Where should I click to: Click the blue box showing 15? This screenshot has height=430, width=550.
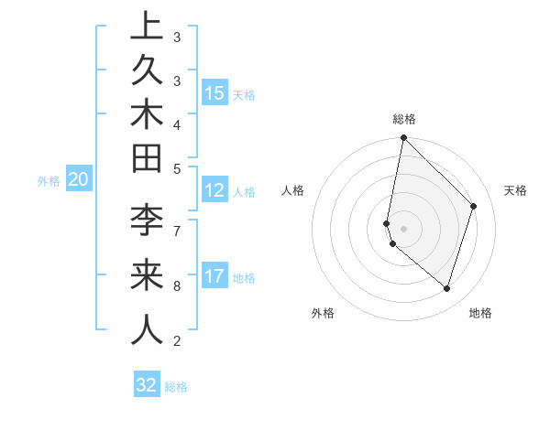(x=214, y=92)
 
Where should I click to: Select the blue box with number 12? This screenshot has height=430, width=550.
(x=214, y=190)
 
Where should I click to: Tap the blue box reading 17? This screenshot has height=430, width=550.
(x=214, y=276)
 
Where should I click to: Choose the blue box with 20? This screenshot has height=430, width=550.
(x=79, y=179)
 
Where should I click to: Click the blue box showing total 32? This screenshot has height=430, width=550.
(x=147, y=385)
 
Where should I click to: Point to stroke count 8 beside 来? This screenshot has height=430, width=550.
(x=177, y=285)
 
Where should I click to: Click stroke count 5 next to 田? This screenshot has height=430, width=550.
(x=177, y=168)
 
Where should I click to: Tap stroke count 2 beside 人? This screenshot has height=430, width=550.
(x=177, y=341)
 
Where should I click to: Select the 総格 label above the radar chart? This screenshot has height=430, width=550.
(x=404, y=119)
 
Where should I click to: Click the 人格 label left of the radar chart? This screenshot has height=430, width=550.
(x=293, y=190)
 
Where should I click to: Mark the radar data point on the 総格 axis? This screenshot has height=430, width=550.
(x=403, y=137)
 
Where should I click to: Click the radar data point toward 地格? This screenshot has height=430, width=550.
(x=446, y=288)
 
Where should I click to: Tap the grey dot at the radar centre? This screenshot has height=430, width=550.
(x=403, y=228)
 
